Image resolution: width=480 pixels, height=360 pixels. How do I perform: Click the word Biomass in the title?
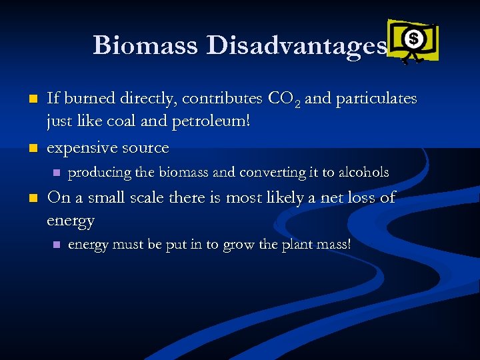[146, 45]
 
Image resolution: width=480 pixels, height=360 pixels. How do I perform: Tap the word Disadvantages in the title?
[296, 45]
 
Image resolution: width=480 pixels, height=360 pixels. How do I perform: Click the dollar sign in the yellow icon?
[413, 39]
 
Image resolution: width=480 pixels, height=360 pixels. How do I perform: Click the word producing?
[99, 172]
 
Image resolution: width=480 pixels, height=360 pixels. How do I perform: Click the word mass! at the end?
[333, 245]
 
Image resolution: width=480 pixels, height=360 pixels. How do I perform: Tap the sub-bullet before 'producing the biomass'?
[56, 173]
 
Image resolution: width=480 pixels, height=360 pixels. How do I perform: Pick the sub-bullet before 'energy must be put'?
[56, 245]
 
